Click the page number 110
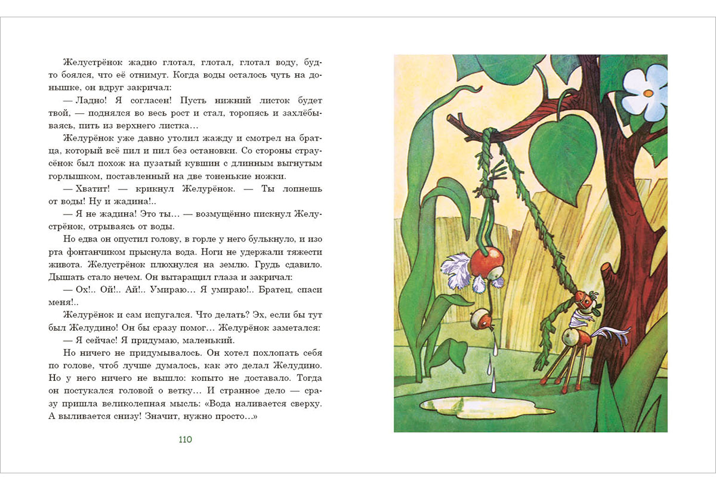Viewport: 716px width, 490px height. point(185,440)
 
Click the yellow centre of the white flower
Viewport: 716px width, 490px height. point(647,93)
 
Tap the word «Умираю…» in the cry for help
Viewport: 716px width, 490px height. point(174,290)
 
